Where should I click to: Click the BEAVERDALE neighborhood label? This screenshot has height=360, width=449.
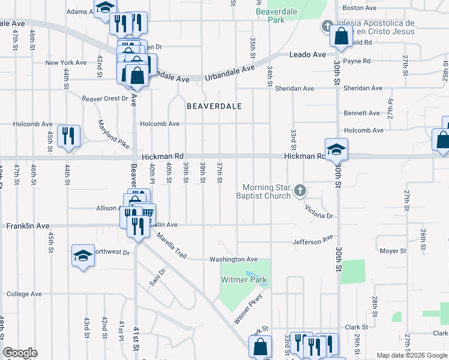(x=214, y=106)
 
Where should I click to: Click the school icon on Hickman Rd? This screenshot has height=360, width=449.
(x=336, y=149)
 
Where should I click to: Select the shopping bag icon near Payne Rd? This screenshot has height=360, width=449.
(x=341, y=36)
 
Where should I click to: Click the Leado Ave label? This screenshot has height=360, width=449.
(x=307, y=55)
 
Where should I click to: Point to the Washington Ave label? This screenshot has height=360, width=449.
(x=233, y=260)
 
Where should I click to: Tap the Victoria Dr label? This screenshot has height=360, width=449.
(x=318, y=212)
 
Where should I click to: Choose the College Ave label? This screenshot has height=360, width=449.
(x=24, y=295)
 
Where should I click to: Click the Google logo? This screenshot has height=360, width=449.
(x=20, y=353)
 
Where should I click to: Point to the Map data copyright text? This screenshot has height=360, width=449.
(x=411, y=355)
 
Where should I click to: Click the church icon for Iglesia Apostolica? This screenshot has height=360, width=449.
(x=327, y=25)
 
